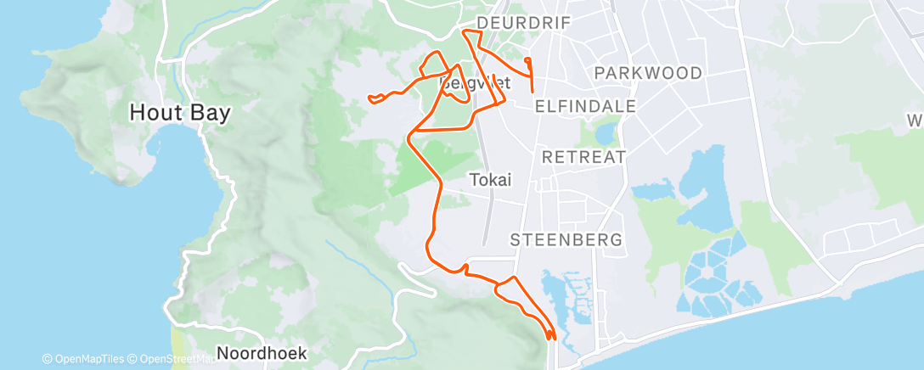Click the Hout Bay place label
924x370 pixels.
tap(180, 113)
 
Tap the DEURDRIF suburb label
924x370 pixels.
tap(523, 22)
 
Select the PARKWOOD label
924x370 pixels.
tap(649, 73)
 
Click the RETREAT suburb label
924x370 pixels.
tap(583, 157)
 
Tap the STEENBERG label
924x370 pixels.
tap(566, 240)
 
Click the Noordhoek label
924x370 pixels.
tap(262, 352)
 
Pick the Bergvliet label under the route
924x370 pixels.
tap(463, 84)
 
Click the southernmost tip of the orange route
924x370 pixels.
tap(551, 339)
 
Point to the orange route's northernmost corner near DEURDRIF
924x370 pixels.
tap(465, 31)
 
